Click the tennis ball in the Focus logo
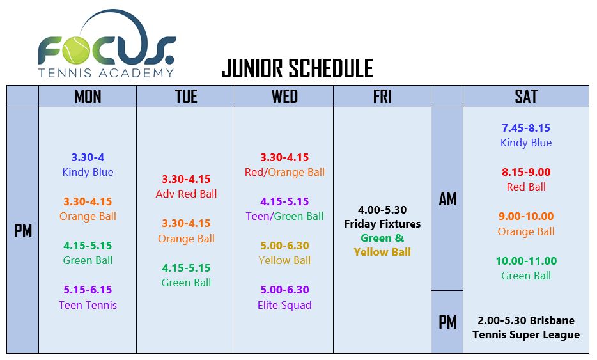pos(77,50)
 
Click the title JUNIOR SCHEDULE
pos(297,68)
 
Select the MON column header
pos(88,97)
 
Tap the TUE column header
pos(186,97)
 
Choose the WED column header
pos(284,97)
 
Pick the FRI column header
pos(382,97)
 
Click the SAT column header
pos(526,97)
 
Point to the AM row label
pos(447,199)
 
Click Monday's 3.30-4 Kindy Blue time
pos(88,157)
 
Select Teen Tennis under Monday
pos(88,305)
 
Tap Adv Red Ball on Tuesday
pos(186,194)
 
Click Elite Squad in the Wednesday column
pos(284,305)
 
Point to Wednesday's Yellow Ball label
pos(284,260)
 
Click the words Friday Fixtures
pos(382,224)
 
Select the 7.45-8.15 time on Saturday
pos(526,128)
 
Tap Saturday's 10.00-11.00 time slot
pos(526,261)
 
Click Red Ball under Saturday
pos(526,187)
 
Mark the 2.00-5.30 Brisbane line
pos(526,320)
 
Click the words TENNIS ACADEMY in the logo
pos(106,72)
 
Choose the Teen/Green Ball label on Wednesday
pos(284,216)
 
